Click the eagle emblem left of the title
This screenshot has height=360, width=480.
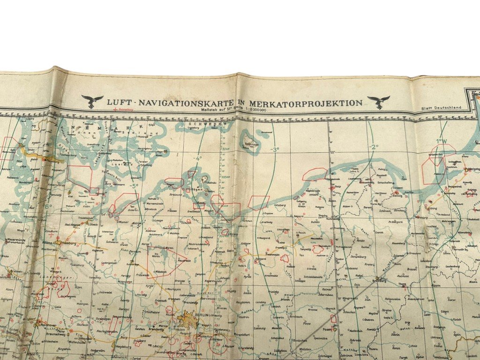(x=92, y=101)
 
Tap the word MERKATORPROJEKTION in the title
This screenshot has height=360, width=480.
(x=308, y=103)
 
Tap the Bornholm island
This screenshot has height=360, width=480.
(x=251, y=140)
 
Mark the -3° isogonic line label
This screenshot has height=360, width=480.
(x=274, y=150)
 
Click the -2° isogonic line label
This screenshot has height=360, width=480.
(x=374, y=147)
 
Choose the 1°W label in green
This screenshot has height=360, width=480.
(x=441, y=141)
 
